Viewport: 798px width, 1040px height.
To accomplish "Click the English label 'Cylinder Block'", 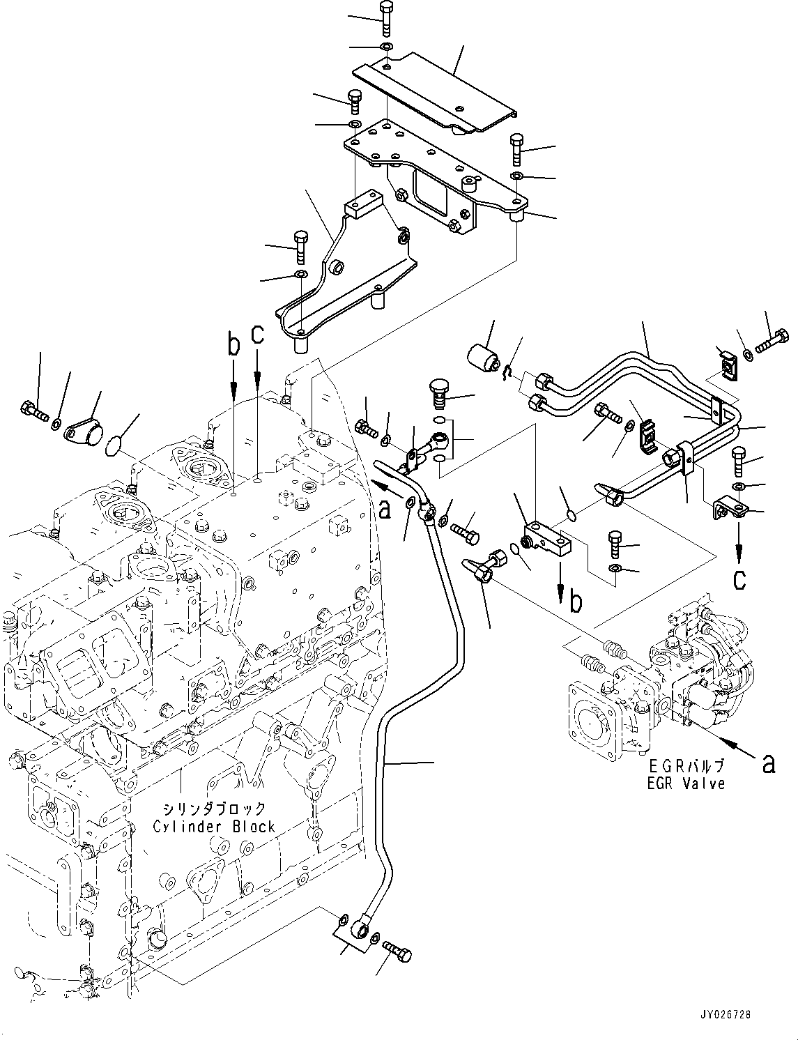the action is pyautogui.click(x=214, y=827).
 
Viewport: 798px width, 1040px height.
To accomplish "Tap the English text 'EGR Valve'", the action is pyautogui.click(x=686, y=784).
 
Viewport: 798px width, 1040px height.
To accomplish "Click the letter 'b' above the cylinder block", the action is pyautogui.click(x=233, y=345).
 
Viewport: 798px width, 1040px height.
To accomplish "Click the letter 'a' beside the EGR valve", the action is pyautogui.click(x=768, y=765).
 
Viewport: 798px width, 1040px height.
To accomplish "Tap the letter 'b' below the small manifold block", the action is pyautogui.click(x=576, y=602).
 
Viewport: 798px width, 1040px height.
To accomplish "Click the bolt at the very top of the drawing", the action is pyautogui.click(x=385, y=18).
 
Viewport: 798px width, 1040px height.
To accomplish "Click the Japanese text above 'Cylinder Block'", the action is pyautogui.click(x=214, y=809).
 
